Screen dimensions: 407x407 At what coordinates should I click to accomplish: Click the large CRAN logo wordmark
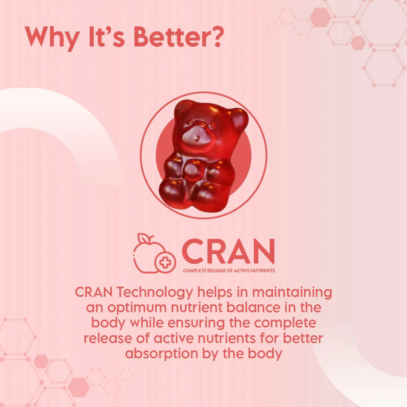tap(228, 251)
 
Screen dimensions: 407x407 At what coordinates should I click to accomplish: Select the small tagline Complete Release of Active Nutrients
tap(229, 271)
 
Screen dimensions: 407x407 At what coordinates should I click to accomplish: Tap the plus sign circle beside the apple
tap(165, 262)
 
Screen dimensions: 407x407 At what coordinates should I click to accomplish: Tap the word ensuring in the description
tap(196, 323)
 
